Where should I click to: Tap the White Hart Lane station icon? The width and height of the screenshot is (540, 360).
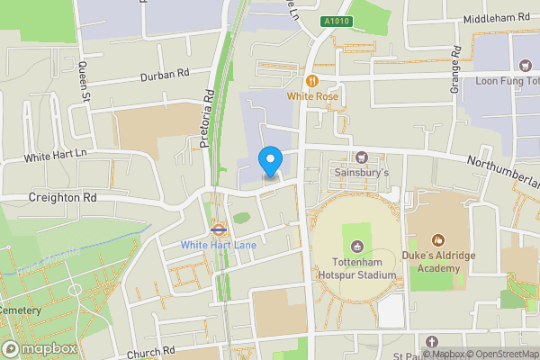coord(217,229)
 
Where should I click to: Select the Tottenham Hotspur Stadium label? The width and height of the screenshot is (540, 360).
coord(357,267)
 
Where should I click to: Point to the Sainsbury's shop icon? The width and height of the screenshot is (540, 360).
coord(364,157)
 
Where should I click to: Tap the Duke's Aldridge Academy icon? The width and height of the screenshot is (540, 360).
coord(438,240)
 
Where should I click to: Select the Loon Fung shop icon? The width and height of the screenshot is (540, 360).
coord(526,65)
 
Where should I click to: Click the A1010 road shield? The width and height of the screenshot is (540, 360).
coord(335,22)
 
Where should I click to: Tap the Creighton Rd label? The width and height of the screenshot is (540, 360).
coord(61,197)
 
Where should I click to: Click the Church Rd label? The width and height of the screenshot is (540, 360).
coord(144,353)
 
